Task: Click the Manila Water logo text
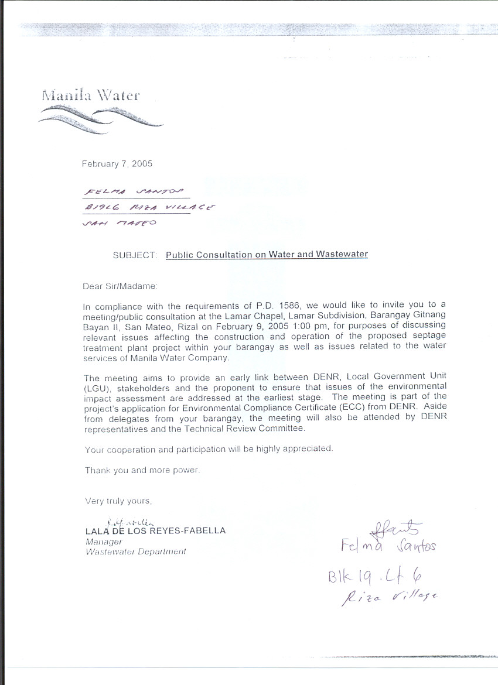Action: (x=91, y=95)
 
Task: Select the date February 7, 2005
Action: (x=117, y=164)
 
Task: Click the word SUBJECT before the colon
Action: (x=134, y=255)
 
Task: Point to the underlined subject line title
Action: (x=267, y=255)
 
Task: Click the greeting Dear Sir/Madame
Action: (x=120, y=286)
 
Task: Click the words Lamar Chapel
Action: (x=256, y=315)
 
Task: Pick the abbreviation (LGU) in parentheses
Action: (x=96, y=386)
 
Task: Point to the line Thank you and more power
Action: (x=142, y=470)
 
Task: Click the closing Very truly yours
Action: (x=118, y=501)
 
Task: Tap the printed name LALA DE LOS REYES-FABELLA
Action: (x=155, y=531)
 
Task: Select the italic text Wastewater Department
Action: (x=136, y=552)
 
